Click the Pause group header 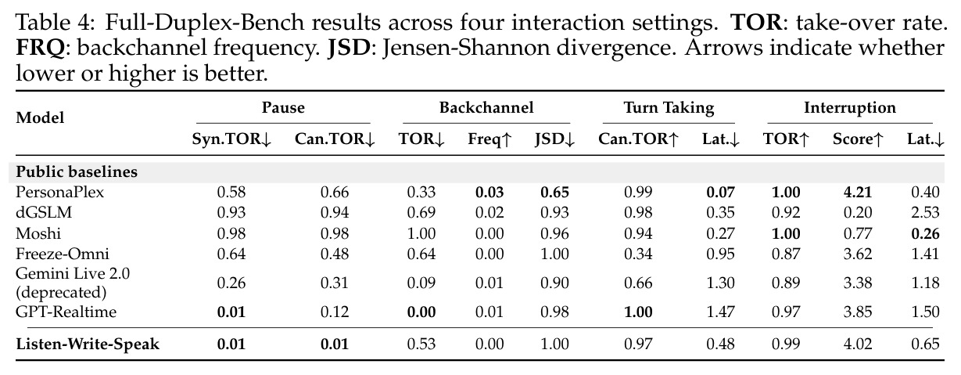(283, 107)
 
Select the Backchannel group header (486, 107)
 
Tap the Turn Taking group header (669, 108)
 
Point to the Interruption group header (849, 107)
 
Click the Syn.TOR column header (231, 139)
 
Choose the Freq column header (489, 139)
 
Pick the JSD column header (554, 139)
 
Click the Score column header (858, 139)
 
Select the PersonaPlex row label (59, 192)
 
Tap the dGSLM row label (44, 213)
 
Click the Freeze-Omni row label (63, 254)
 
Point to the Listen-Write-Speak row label (88, 344)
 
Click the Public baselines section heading (77, 171)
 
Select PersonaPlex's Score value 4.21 (858, 192)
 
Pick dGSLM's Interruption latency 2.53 (925, 213)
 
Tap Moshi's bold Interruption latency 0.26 (925, 233)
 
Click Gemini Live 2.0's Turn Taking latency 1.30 (721, 283)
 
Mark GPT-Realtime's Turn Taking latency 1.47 (721, 312)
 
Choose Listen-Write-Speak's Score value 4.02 (858, 344)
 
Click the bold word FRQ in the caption (40, 48)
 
